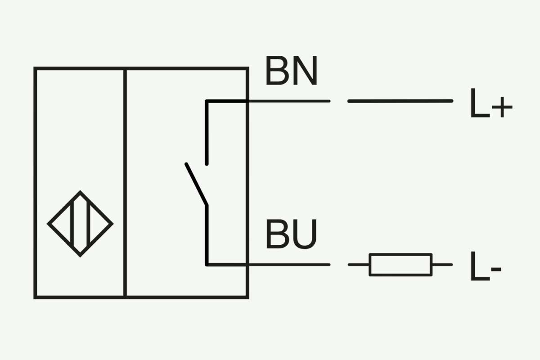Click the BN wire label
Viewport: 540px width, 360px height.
coord(292,70)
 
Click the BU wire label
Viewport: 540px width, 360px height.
coord(292,234)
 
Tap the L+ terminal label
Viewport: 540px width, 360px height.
coord(491,103)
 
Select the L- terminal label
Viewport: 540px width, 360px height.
coord(486,266)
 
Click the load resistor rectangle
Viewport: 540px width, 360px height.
coord(400,265)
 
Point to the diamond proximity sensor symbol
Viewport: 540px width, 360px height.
coord(80,224)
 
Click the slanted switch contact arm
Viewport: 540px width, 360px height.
coord(197,184)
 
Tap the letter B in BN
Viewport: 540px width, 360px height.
coord(278,70)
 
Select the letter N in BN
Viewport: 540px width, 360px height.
coord(306,70)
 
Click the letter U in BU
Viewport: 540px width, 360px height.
coord(305,234)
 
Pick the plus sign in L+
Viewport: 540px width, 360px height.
coord(502,107)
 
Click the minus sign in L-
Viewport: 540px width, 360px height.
coord(496,269)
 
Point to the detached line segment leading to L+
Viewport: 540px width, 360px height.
coord(400,101)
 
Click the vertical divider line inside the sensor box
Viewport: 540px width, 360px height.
coord(125,183)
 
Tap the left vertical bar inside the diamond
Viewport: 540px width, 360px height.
coord(72,224)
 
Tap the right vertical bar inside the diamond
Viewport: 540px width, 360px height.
coord(89,224)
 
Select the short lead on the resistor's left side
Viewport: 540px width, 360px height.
coord(359,265)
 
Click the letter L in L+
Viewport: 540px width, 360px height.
coord(480,103)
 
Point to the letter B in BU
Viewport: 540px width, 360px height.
coord(278,234)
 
